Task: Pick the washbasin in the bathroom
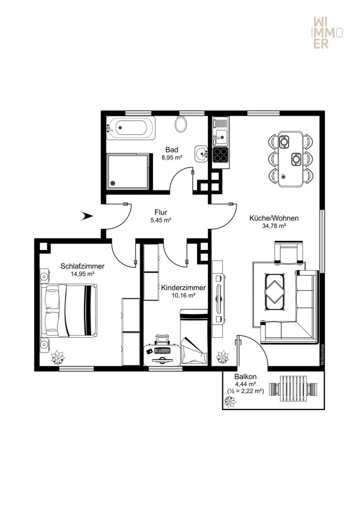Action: [x=201, y=153]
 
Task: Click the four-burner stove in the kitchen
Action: [x=220, y=155]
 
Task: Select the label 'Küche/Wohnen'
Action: [x=274, y=219]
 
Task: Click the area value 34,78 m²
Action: [x=274, y=226]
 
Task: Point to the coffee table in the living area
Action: [x=274, y=291]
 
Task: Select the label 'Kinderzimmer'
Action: [x=184, y=288]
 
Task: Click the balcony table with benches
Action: [x=294, y=388]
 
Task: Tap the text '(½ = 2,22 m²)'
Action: [x=245, y=391]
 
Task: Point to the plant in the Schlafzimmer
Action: [x=58, y=359]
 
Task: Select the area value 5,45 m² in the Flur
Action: [x=161, y=220]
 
